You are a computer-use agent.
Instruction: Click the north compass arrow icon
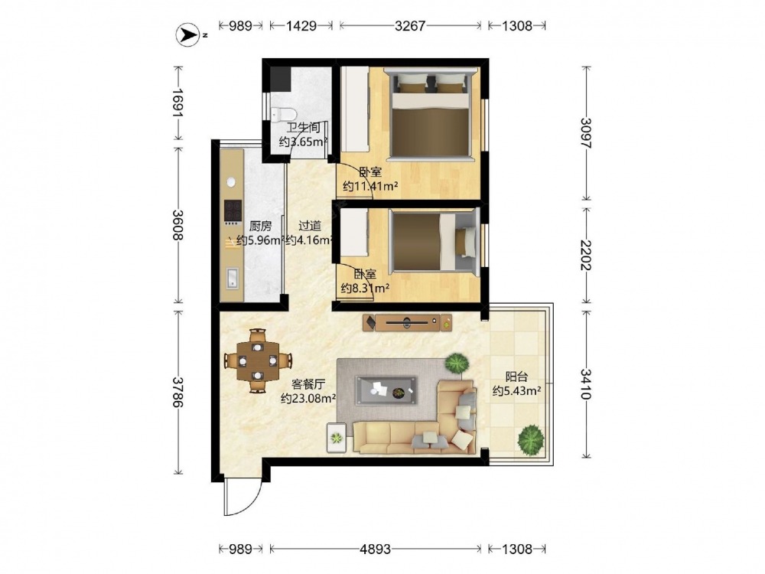187,35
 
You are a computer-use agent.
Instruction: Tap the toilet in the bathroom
284,114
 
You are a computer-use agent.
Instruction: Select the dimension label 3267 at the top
410,25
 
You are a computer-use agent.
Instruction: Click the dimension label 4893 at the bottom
375,549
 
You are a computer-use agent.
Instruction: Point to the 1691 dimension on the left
177,103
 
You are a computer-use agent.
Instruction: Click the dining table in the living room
258,361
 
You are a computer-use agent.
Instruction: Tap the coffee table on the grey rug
386,390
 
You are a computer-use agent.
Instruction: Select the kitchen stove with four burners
233,211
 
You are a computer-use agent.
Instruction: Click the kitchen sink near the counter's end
233,279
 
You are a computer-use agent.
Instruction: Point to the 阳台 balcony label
516,377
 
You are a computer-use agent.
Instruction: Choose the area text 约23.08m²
308,398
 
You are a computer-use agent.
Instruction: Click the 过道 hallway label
310,226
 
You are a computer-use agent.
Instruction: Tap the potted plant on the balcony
531,440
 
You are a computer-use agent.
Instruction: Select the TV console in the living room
408,322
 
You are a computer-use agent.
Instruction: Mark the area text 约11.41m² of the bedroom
371,186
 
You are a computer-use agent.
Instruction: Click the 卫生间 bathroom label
304,128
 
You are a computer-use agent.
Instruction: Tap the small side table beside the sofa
336,437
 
